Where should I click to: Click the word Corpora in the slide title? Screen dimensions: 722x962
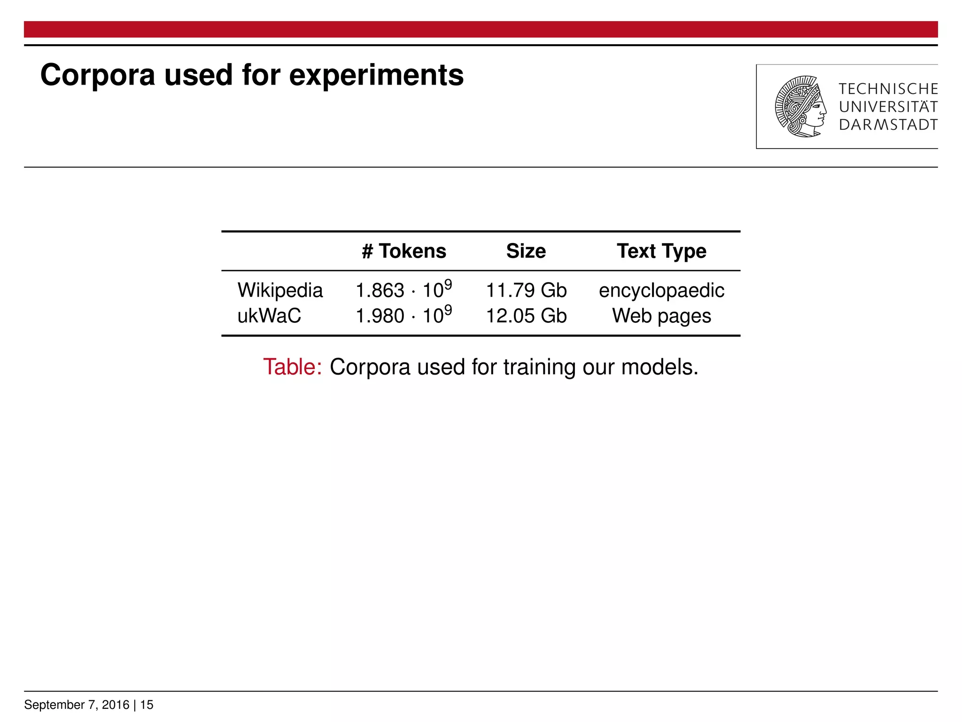click(x=97, y=75)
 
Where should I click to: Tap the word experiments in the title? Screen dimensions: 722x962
click(x=376, y=75)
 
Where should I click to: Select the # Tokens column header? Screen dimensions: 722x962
click(x=404, y=251)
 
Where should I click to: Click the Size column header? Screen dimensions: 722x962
click(x=526, y=251)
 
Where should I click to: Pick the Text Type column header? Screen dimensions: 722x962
click(x=661, y=251)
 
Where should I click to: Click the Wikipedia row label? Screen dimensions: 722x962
click(x=280, y=290)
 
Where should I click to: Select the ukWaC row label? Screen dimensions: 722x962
click(x=269, y=316)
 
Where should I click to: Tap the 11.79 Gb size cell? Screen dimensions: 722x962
click(x=526, y=290)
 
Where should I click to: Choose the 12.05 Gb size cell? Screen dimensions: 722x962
click(x=526, y=316)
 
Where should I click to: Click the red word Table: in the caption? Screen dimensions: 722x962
click(x=292, y=367)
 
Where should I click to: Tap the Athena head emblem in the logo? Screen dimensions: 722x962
click(x=800, y=107)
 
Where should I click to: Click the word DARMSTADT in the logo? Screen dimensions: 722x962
click(x=888, y=125)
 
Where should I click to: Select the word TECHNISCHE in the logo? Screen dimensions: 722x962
click(x=888, y=89)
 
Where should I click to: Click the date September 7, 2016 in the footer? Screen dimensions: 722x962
click(x=77, y=705)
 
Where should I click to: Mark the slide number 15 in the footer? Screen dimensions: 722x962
click(x=147, y=705)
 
